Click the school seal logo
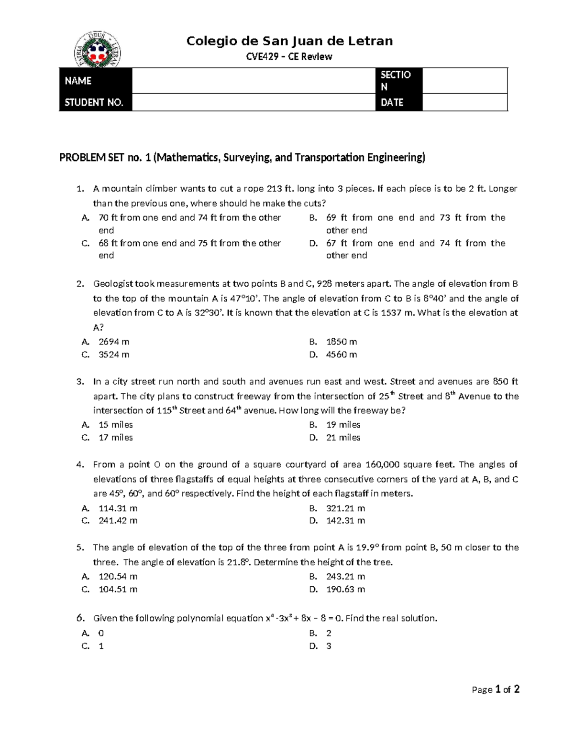(x=98, y=50)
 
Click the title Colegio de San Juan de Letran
(x=289, y=41)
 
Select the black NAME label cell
(x=95, y=81)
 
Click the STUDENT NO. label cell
(x=95, y=102)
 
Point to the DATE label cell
(x=398, y=102)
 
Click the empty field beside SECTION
(x=464, y=81)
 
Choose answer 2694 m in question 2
(x=114, y=342)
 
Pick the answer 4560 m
(x=342, y=355)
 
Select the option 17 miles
(x=116, y=437)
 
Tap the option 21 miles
(x=343, y=437)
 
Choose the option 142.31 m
(x=345, y=520)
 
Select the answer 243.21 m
(x=345, y=576)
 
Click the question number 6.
(x=80, y=618)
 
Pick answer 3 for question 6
(x=329, y=646)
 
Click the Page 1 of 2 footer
(x=496, y=689)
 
